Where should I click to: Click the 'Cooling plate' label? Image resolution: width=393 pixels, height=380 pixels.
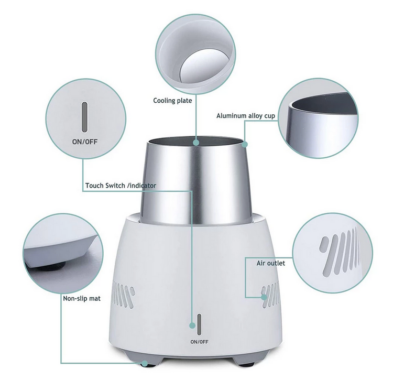172,101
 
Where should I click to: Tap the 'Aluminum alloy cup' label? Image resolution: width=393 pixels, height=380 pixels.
246,116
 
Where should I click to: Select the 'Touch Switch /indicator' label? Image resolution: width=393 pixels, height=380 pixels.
121,186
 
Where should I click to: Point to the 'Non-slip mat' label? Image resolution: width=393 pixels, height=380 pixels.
82,298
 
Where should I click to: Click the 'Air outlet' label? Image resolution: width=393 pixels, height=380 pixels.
271,263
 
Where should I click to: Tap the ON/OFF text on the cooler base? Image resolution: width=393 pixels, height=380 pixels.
199,342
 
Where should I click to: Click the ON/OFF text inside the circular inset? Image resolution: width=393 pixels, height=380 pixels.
85,142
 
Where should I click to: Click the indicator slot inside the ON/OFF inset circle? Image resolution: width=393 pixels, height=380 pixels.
85,117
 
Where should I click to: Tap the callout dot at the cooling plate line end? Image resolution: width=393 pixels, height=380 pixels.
196,143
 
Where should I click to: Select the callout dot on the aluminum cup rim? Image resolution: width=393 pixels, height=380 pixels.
245,144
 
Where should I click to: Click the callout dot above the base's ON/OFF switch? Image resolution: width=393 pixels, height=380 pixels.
192,325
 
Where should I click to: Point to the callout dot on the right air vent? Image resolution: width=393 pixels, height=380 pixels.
264,297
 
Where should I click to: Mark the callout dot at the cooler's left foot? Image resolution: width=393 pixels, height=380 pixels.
145,363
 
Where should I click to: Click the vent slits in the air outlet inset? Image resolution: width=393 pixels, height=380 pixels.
340,251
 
